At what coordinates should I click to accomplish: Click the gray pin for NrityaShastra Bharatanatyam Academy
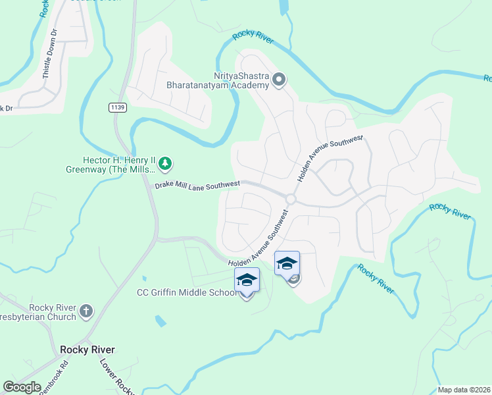point(278,80)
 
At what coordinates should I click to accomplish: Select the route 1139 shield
point(118,107)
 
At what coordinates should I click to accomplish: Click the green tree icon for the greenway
point(166,162)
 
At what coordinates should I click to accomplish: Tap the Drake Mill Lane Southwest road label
point(197,185)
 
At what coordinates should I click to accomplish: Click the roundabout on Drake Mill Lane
point(291,199)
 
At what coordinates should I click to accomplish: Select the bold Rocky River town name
point(87,350)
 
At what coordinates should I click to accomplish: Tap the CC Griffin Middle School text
point(186,293)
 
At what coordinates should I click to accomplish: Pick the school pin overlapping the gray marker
point(286,264)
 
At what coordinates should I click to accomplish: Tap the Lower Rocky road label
point(115,375)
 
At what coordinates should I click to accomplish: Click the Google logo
point(22,386)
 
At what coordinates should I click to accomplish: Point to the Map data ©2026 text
point(464,390)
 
